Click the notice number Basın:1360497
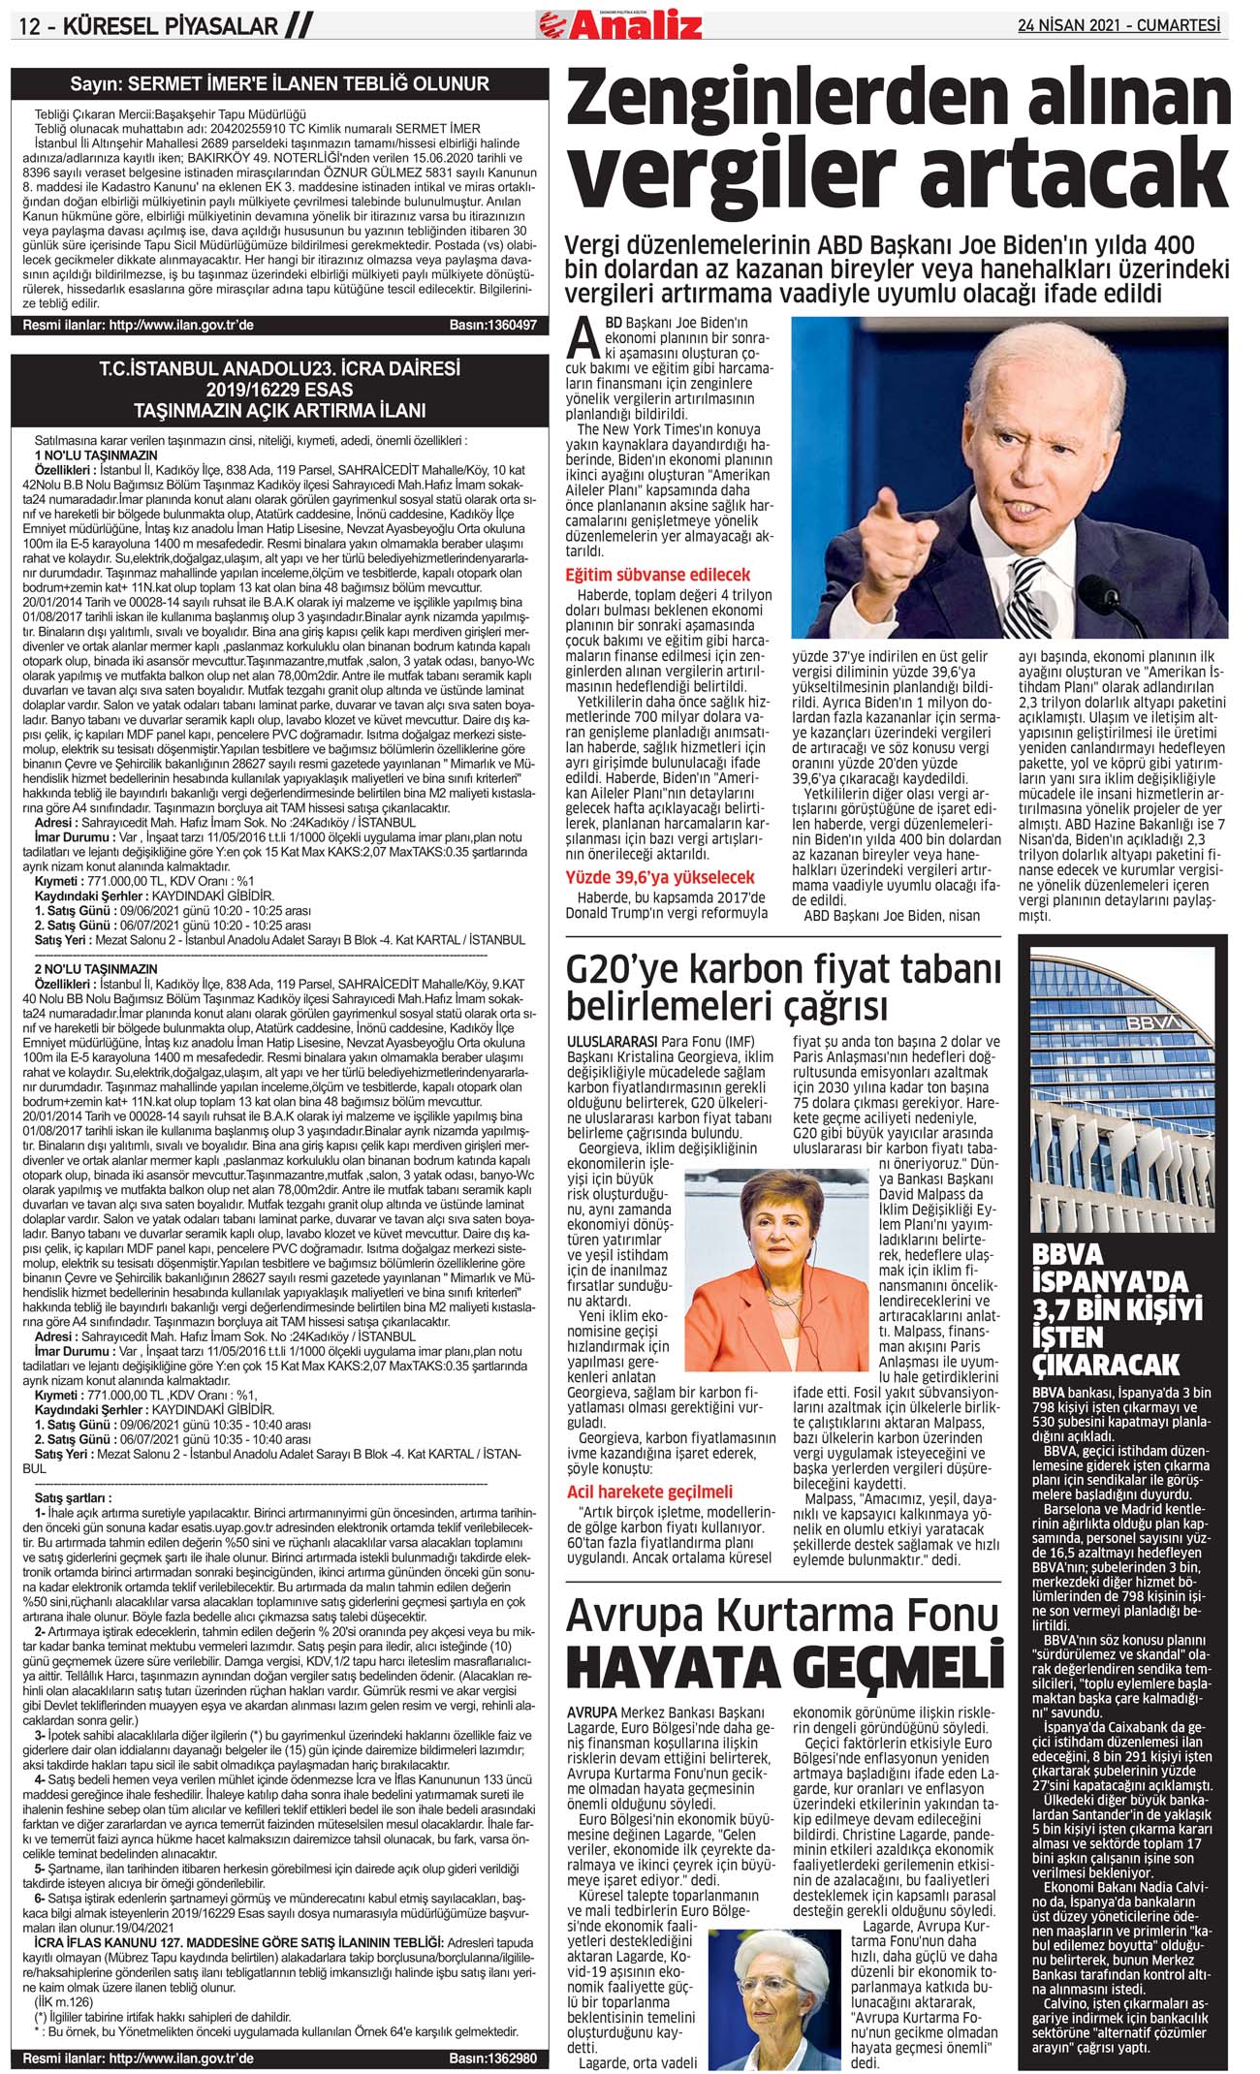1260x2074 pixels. click(x=492, y=326)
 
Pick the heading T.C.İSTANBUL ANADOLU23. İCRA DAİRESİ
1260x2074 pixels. click(x=280, y=369)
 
